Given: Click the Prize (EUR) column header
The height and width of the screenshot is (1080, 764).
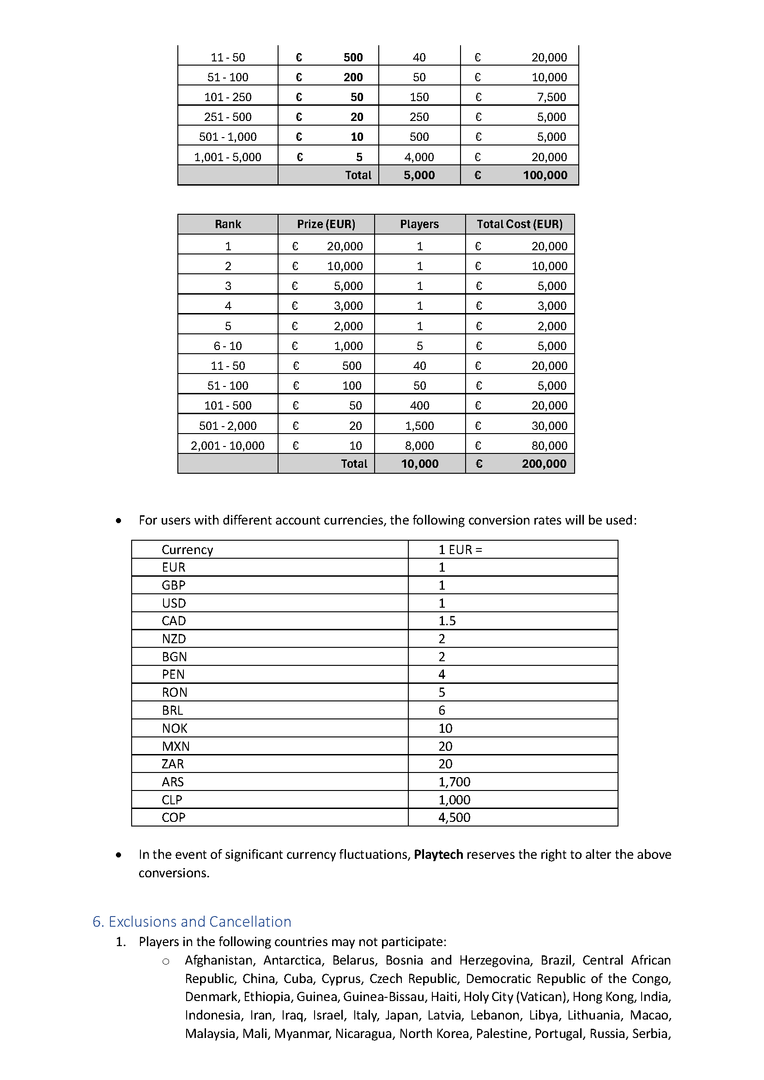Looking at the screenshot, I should (x=326, y=224).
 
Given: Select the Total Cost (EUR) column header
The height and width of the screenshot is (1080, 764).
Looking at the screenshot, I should (x=519, y=224).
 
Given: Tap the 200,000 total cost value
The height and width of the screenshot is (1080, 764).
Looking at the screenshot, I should (x=544, y=464).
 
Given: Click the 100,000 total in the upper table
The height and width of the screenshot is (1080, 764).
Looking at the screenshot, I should (x=545, y=175).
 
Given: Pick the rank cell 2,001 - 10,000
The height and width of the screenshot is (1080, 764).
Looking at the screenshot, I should (x=228, y=446).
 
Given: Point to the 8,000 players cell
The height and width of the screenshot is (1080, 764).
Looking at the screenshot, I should (x=419, y=446).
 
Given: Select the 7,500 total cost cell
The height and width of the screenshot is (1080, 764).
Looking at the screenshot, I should (x=552, y=97).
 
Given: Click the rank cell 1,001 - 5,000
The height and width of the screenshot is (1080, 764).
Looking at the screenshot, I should (x=228, y=157).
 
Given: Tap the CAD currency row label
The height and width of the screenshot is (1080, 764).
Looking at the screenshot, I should (x=174, y=621).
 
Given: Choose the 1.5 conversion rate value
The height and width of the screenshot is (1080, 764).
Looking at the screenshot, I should (x=447, y=621).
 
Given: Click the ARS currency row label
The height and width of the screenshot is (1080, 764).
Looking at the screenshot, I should (x=173, y=782).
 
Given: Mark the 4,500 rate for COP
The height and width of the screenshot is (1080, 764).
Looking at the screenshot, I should (x=454, y=818).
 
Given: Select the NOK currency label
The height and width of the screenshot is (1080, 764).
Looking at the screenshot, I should (x=175, y=728).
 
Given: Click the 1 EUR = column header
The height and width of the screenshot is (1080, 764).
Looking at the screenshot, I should (x=460, y=550).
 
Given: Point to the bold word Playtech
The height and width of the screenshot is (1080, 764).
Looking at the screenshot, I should (x=438, y=854).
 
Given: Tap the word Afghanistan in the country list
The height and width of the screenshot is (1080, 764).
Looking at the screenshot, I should (x=220, y=960).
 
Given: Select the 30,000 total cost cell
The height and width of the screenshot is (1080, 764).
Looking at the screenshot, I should (x=549, y=426).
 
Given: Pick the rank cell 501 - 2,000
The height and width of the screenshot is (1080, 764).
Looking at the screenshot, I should (x=228, y=426).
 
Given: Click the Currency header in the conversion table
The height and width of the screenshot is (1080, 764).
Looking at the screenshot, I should (x=187, y=550).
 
